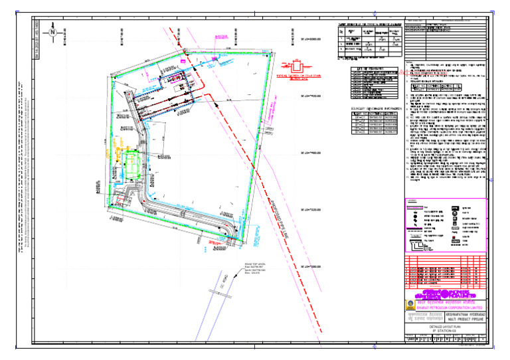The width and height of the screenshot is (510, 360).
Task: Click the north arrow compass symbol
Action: pos(52,32)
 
